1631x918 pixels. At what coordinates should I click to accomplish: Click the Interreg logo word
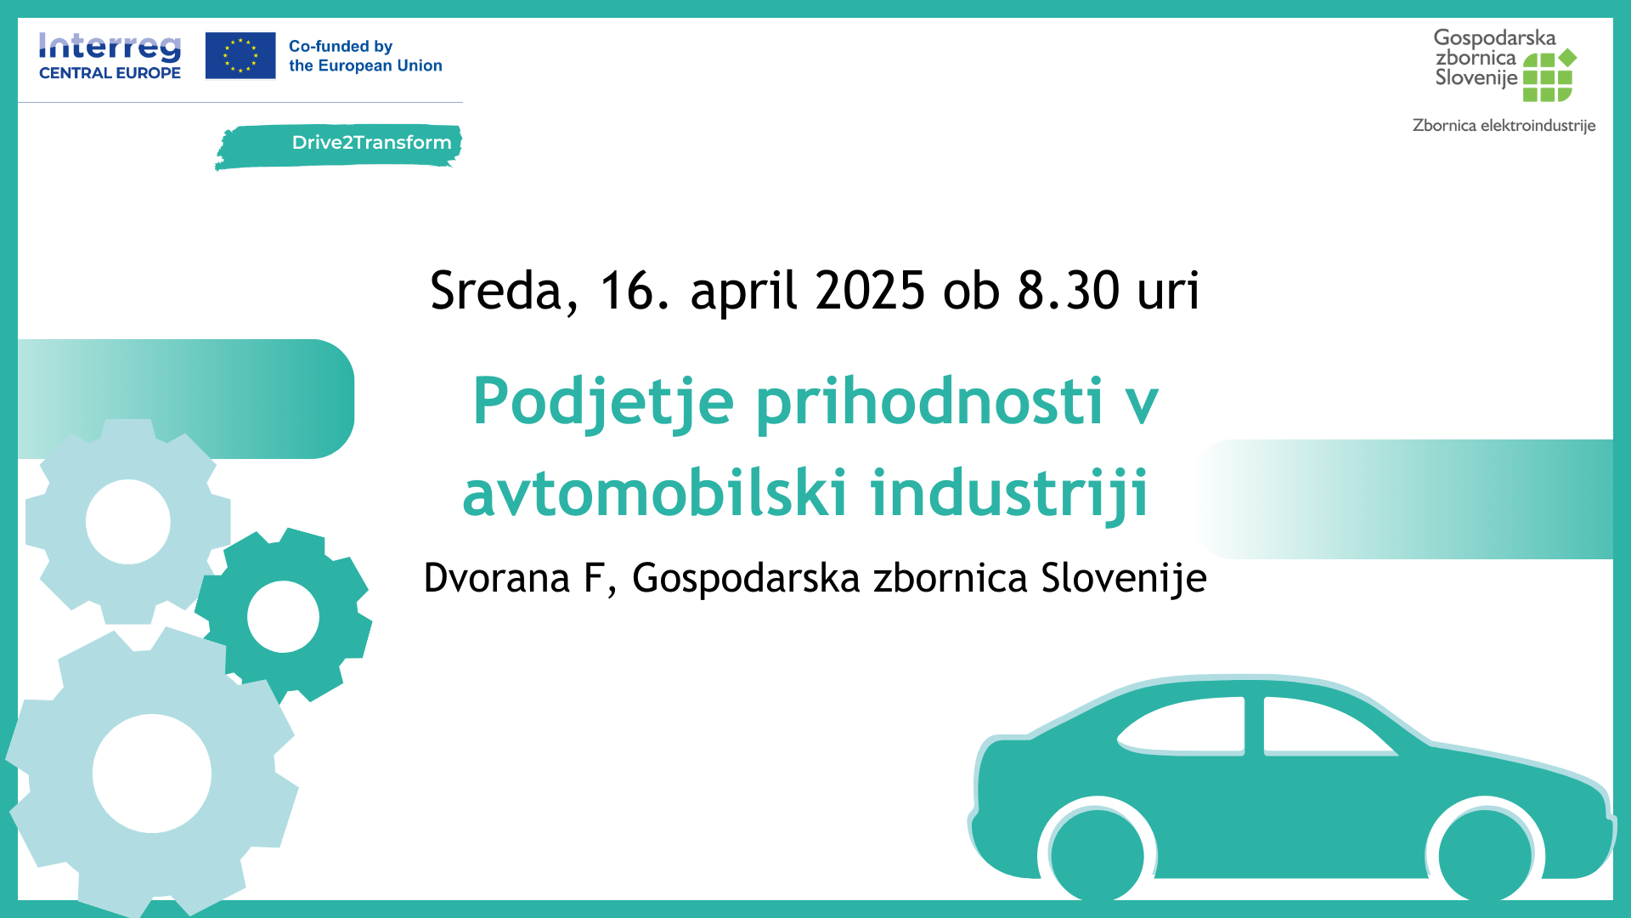point(110,48)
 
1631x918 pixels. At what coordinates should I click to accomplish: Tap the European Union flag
point(240,55)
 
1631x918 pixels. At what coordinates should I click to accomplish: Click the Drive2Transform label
point(371,143)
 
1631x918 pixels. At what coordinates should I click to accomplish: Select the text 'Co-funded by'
point(341,46)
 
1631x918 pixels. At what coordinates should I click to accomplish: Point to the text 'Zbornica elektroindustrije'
point(1504,126)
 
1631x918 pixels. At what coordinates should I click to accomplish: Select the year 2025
point(870,291)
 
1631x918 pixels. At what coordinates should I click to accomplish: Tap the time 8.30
point(1069,291)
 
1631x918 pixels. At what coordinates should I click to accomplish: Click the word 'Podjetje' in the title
point(603,402)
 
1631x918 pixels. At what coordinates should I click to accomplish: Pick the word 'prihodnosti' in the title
point(929,402)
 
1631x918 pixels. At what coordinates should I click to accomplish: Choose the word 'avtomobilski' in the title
point(655,493)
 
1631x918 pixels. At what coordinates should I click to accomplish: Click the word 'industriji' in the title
point(1009,495)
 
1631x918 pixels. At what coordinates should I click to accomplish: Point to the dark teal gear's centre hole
point(283,616)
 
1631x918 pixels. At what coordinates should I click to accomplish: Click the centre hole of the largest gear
point(152,773)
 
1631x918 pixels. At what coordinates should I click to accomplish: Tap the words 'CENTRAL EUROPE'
point(110,73)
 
